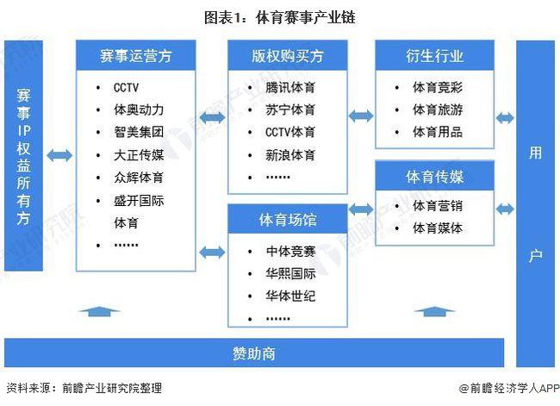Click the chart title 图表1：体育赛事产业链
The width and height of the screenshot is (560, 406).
pyautogui.click(x=279, y=16)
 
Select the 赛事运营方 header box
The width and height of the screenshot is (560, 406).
pyautogui.click(x=136, y=56)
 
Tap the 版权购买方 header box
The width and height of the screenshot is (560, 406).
pyautogui.click(x=288, y=56)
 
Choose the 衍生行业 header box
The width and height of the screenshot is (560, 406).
pyautogui.click(x=434, y=56)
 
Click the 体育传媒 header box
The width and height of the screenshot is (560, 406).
pyautogui.click(x=434, y=177)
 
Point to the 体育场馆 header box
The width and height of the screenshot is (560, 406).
pyautogui.click(x=288, y=220)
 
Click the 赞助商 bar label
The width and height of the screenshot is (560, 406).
pyautogui.click(x=253, y=353)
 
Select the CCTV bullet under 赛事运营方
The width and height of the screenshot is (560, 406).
pyautogui.click(x=126, y=87)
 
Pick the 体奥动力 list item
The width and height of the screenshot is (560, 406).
pyautogui.click(x=138, y=109)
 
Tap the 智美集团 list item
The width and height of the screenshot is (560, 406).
pyautogui.click(x=138, y=133)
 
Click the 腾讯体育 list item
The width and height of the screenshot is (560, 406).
pyautogui.click(x=290, y=87)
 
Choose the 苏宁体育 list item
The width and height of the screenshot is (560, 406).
pyautogui.click(x=290, y=109)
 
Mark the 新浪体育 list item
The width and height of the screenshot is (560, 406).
pyautogui.click(x=290, y=155)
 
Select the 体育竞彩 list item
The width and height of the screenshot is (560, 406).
pyautogui.click(x=438, y=87)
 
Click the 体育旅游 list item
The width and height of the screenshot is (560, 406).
pyautogui.click(x=438, y=109)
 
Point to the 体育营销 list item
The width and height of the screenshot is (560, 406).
pyautogui.click(x=438, y=206)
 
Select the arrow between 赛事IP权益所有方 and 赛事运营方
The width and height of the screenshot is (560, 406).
pyautogui.click(x=60, y=155)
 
